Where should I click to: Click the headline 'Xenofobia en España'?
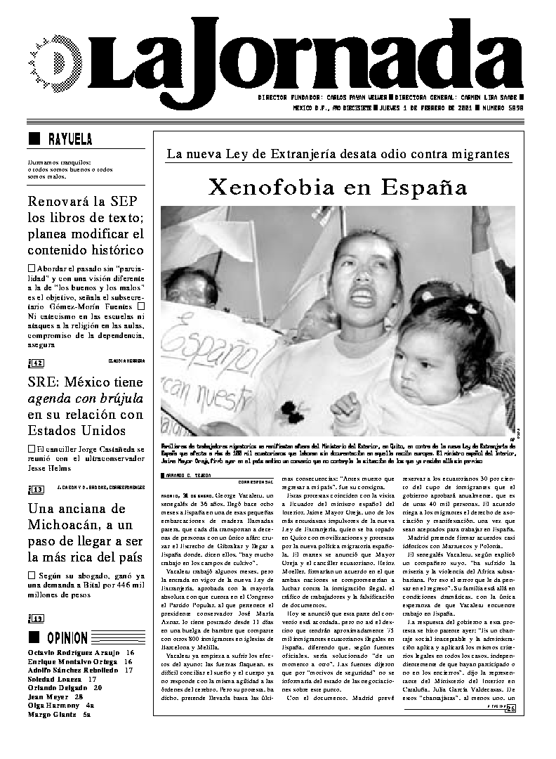point(338,188)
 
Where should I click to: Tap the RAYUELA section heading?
point(69,138)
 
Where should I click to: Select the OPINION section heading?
point(67,638)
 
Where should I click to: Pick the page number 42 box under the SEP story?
point(37,363)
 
